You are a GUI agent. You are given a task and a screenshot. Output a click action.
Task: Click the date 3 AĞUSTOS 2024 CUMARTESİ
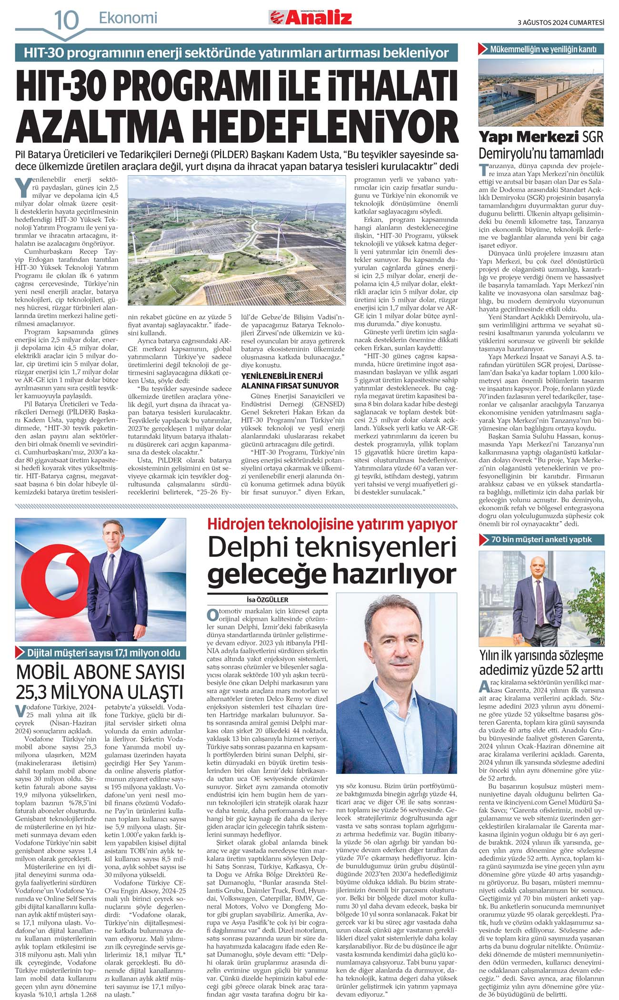560,22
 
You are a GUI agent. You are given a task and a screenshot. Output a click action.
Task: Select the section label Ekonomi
128,19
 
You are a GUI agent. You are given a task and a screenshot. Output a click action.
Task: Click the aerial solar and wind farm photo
237,240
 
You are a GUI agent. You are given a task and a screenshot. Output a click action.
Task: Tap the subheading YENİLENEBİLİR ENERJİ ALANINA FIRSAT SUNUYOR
290,381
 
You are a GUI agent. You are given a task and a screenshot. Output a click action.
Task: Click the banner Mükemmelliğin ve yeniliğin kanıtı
543,49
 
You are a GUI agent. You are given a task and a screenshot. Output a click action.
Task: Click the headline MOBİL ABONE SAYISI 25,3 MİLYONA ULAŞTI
100,682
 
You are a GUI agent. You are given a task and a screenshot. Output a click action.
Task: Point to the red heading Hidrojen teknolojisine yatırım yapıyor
332,525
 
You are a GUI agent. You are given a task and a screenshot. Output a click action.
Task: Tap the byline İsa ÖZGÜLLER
267,600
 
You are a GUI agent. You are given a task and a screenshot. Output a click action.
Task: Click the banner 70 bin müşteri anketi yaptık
541,539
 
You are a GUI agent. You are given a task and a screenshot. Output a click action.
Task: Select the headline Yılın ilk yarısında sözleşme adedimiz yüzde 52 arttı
541,663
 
